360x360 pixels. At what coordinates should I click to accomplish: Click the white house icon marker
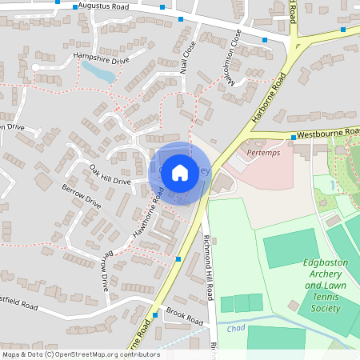pyautogui.click(x=180, y=171)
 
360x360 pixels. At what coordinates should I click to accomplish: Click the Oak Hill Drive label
pyautogui.click(x=110, y=174)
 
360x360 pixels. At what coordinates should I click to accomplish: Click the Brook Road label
pyautogui.click(x=184, y=317)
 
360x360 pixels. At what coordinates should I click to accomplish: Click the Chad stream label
pyautogui.click(x=234, y=328)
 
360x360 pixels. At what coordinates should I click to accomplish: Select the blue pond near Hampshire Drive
pyautogui.click(x=98, y=74)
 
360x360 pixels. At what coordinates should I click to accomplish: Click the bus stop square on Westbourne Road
pyautogui.click(x=294, y=138)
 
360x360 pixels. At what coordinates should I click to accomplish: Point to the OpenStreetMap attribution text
pyautogui.click(x=80, y=354)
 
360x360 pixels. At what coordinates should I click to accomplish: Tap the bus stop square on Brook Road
pyautogui.click(x=155, y=315)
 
